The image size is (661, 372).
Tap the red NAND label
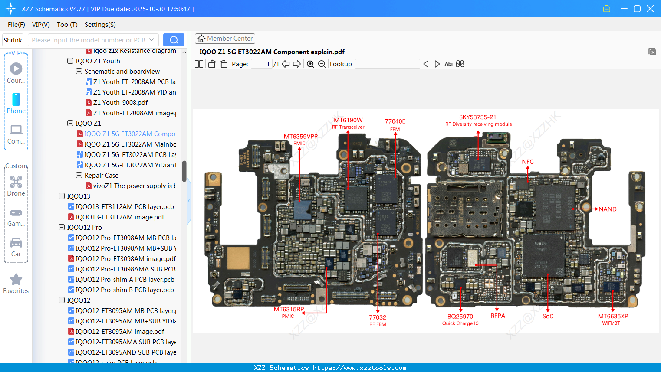607,209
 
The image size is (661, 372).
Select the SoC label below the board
548,316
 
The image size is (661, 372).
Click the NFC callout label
528,162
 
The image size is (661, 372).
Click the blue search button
174,40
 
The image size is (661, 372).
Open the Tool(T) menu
67,25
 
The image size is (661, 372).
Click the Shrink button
13,40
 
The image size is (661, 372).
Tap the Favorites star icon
16,280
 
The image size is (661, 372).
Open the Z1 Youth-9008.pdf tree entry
120,103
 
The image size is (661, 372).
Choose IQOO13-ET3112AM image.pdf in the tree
120,217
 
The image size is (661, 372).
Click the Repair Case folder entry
101,176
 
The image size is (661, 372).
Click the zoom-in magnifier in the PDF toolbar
310,64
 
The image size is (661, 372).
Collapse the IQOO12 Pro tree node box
62,227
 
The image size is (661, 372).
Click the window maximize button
637,9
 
